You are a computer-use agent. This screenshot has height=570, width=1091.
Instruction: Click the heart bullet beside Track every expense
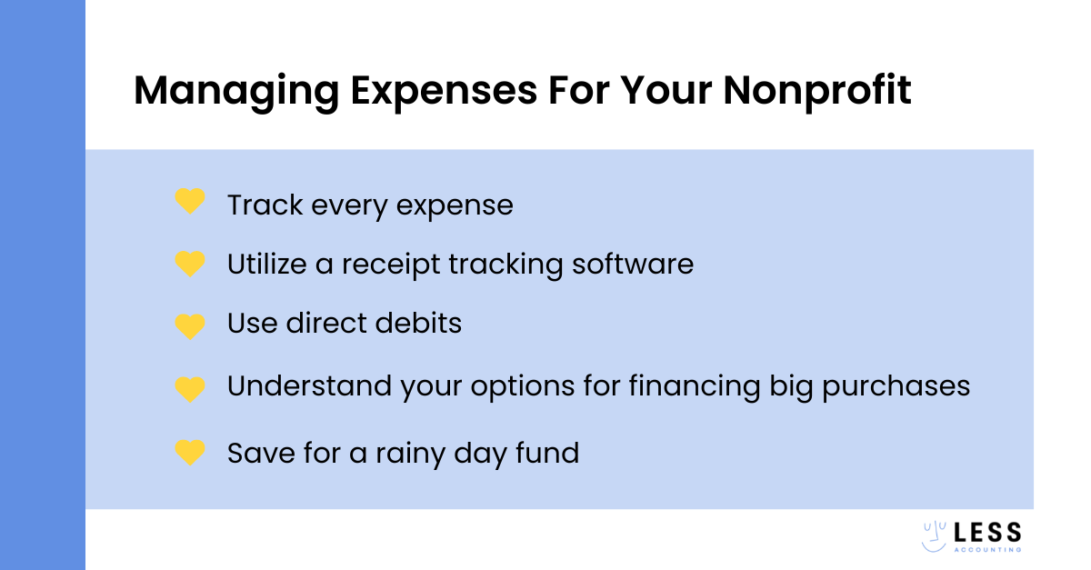point(190,202)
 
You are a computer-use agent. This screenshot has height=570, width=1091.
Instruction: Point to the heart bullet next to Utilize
point(190,264)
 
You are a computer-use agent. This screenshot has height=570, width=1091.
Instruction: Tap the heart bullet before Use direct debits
point(190,325)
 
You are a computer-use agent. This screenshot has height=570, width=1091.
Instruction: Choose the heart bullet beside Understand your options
point(190,388)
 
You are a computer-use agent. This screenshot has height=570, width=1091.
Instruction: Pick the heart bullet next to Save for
point(190,452)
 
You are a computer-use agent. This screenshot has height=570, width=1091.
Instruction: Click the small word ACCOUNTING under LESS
point(988,549)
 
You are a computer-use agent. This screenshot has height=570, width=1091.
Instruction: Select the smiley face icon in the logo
point(936,536)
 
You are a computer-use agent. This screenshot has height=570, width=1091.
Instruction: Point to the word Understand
point(310,386)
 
